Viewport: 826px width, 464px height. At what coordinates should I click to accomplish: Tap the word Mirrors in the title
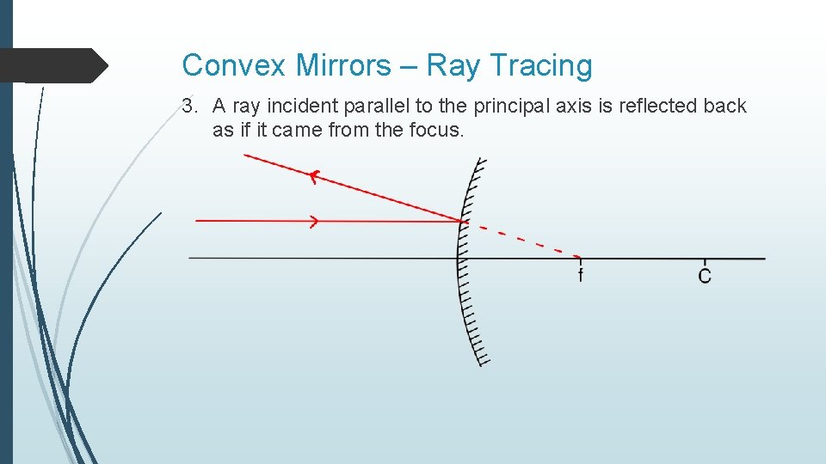point(330,65)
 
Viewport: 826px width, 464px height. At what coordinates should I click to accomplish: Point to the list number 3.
point(188,107)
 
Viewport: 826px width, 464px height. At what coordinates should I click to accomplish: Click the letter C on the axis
point(705,277)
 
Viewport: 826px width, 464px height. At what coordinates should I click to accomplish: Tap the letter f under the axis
point(580,276)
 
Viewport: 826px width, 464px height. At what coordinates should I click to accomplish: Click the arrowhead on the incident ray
point(313,222)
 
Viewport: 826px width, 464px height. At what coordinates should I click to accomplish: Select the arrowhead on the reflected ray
point(314,176)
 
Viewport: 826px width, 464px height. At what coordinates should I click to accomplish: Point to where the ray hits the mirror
point(465,222)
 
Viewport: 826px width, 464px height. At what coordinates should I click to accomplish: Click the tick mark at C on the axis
point(705,259)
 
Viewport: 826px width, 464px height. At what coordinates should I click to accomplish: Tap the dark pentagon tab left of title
point(52,65)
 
